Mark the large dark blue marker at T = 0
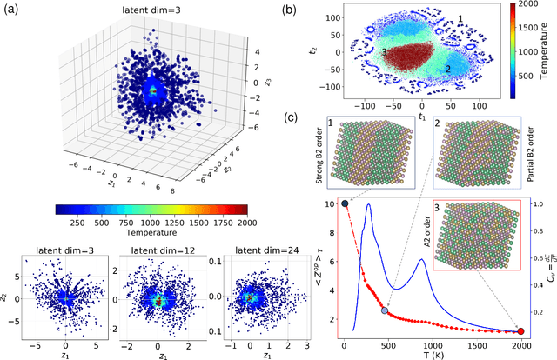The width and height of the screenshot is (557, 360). pos(345,204)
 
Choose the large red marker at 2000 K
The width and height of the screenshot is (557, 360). pos(520,330)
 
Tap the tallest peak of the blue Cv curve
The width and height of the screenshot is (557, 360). pos(368,205)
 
